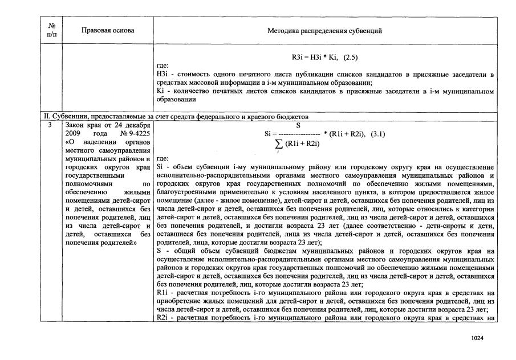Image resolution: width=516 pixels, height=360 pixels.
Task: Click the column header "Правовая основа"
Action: pyautogui.click(x=108, y=30)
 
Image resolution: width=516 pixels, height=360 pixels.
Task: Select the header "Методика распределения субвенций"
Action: pyautogui.click(x=324, y=30)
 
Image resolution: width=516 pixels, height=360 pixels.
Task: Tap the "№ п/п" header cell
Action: pyautogui.click(x=52, y=30)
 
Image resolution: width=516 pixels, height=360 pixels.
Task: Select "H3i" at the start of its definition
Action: pyautogui.click(x=162, y=75)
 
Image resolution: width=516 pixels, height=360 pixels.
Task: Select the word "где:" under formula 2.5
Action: pyautogui.click(x=162, y=66)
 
